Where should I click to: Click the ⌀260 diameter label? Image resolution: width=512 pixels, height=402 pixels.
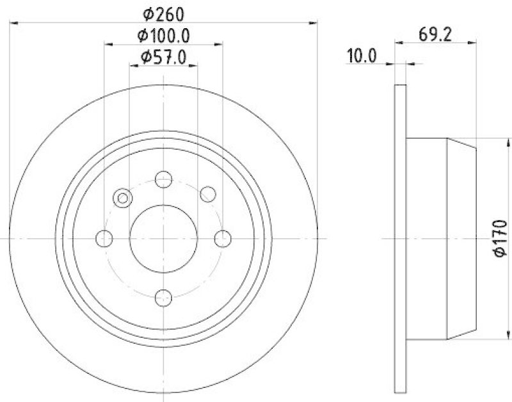click(163, 12)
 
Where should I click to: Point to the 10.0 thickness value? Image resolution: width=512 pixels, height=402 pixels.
click(361, 56)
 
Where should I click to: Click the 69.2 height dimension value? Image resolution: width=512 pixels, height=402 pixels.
click(436, 34)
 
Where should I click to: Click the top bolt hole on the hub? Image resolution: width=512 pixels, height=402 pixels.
click(164, 179)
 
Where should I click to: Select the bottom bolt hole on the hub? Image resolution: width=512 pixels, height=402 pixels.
click(164, 297)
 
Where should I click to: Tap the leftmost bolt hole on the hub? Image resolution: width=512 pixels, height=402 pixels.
click(104, 239)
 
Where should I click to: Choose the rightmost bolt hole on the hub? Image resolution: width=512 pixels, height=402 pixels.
click(222, 239)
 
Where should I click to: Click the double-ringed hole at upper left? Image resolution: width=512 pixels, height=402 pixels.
click(122, 198)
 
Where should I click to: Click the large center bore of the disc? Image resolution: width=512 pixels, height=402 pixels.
click(164, 238)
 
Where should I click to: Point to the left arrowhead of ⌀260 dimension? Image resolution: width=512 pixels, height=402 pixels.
click(14, 23)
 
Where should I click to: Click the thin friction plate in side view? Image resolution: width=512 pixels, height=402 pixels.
click(400, 238)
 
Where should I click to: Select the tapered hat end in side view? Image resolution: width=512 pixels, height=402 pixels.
click(461, 238)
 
